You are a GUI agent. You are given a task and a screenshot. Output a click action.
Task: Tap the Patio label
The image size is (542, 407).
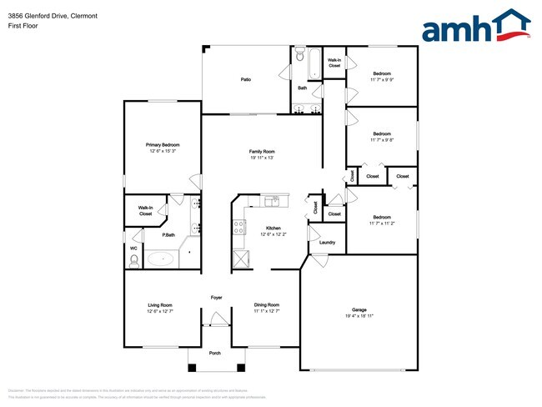point(246,79)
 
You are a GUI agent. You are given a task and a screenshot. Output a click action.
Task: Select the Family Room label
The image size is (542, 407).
point(262,151)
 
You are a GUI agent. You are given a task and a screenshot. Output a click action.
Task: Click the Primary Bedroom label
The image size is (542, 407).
point(163,144)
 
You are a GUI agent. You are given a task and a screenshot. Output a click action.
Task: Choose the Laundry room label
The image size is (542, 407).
point(327,243)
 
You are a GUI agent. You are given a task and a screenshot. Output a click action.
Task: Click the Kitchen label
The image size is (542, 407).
point(273,228)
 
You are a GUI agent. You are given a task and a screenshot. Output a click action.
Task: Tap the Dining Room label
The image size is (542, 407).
point(266,304)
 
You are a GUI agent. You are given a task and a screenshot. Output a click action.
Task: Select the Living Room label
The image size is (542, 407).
point(159,304)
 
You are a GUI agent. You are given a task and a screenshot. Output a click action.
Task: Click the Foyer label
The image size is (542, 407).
point(216,297)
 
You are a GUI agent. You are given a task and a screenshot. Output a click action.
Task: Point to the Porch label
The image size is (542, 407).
point(215,353)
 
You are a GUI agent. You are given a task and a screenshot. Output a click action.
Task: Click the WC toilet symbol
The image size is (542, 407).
point(133,260)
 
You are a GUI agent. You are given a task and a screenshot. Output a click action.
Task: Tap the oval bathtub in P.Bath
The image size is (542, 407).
point(161,259)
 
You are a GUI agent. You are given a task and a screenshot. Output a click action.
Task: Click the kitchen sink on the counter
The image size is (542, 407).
point(272,201)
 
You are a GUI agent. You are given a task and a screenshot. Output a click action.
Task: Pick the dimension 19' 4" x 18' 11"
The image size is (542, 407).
point(359,316)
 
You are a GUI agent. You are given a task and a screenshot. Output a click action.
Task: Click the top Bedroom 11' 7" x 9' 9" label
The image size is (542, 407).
point(382,76)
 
